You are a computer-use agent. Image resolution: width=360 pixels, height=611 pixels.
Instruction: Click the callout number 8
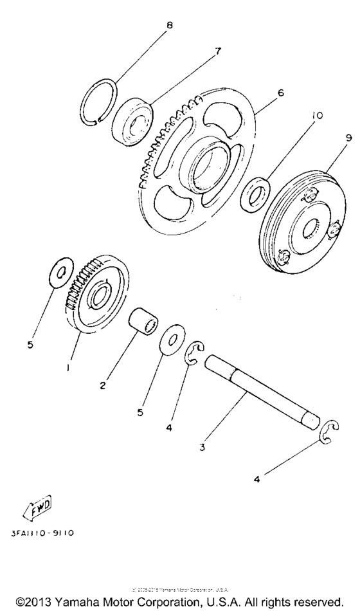(x=169, y=26)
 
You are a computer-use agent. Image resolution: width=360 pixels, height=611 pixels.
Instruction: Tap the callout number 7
(x=218, y=51)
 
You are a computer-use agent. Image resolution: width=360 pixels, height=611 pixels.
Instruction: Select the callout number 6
(x=280, y=93)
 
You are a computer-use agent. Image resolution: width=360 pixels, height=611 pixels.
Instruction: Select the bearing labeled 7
(x=134, y=122)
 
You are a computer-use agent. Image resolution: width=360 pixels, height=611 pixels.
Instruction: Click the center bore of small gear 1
(x=100, y=297)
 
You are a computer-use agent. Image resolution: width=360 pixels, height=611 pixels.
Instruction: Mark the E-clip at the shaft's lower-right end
(x=330, y=432)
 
